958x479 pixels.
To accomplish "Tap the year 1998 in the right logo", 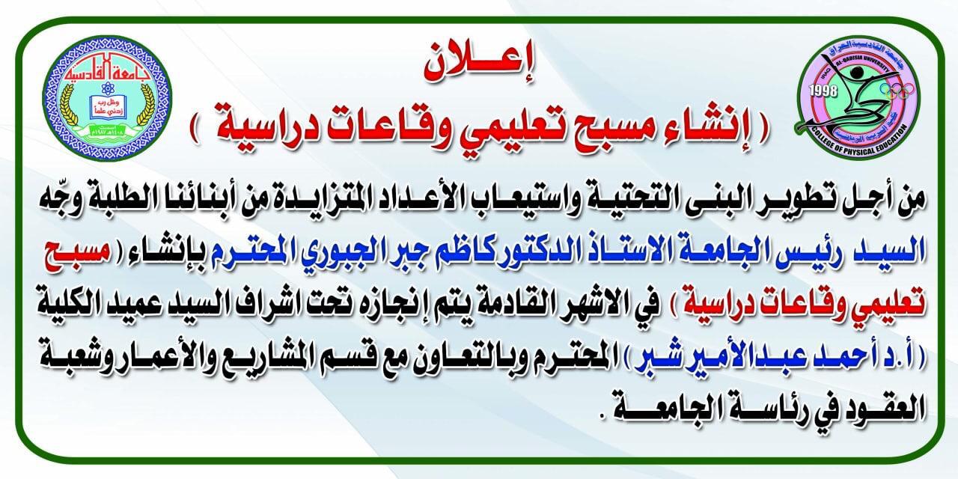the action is pos(823,91).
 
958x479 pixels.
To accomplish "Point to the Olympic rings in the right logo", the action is pos(900,89).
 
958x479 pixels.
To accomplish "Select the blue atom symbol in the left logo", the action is pos(106,88).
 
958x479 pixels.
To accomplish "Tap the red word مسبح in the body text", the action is pos(75,252).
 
